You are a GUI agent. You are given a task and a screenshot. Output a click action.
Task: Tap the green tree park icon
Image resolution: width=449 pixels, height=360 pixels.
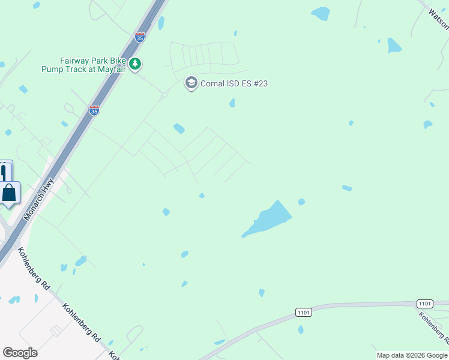click(x=136, y=64)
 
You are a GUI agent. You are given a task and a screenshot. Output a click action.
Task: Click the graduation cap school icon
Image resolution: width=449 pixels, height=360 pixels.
click(x=191, y=83)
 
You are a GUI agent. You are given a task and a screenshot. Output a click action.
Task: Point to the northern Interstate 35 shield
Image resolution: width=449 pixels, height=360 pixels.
click(x=140, y=37)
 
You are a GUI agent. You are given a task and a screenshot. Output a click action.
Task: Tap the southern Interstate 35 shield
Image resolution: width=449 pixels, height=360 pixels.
click(x=94, y=110)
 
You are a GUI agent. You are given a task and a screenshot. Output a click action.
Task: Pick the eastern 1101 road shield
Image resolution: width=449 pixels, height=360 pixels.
click(x=424, y=304)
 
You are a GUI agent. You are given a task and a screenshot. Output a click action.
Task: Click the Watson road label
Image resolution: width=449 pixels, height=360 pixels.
click(x=438, y=18)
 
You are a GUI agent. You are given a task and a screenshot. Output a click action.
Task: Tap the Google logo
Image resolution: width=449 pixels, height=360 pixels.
click(x=20, y=353)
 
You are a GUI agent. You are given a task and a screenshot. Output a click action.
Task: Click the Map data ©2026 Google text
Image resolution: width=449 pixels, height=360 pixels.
click(x=412, y=355)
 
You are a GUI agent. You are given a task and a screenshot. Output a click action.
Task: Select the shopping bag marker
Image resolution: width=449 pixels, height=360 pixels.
click(x=10, y=193)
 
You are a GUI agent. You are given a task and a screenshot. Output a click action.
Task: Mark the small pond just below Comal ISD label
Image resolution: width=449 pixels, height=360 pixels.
click(x=232, y=104)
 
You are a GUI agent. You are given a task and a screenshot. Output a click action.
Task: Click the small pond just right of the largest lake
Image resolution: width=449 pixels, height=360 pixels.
click(x=301, y=202)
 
